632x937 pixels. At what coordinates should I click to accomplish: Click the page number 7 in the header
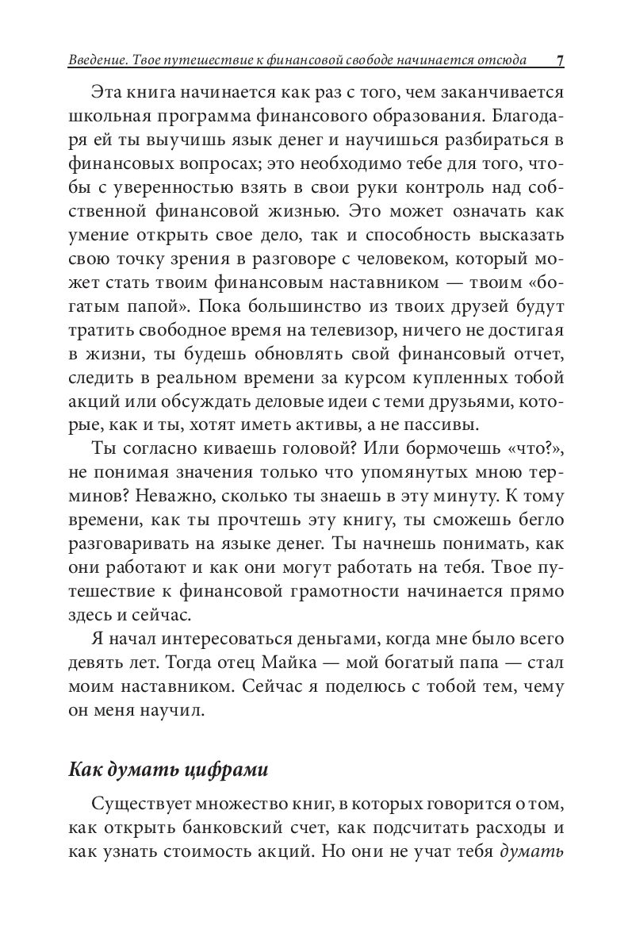click(560, 61)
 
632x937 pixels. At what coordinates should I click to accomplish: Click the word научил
click(167, 705)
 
